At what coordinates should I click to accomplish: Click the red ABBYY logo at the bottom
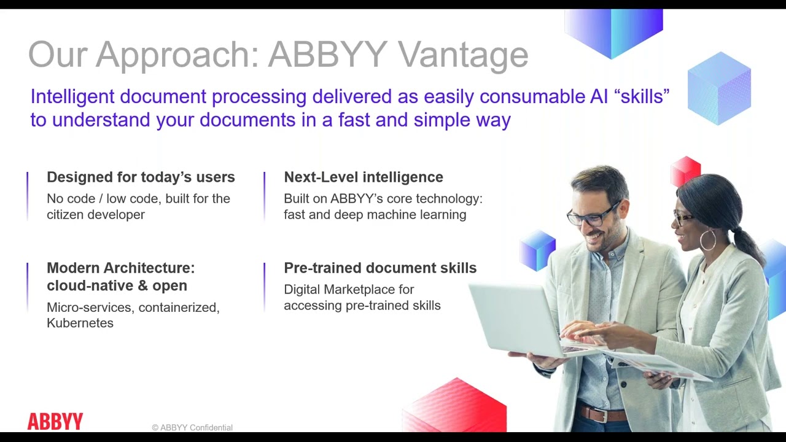coord(55,421)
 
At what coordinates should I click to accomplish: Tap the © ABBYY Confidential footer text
coord(192,427)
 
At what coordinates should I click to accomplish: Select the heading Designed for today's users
coord(141,177)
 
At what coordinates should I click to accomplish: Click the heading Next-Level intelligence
coord(363,177)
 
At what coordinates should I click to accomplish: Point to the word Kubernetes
coord(80,323)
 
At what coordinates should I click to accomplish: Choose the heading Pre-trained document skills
coord(379,268)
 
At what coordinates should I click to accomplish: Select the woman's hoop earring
coord(707,240)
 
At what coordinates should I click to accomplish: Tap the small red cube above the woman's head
coord(685,171)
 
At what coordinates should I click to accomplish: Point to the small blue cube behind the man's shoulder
coord(537,250)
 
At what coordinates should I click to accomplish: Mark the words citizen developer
coord(96,215)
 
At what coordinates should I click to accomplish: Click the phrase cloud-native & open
coord(117,285)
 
